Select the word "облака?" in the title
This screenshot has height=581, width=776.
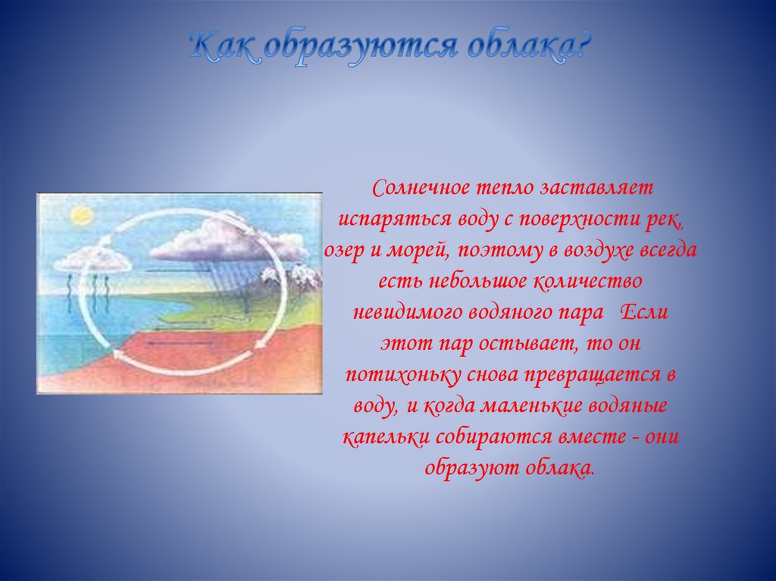pos(522,49)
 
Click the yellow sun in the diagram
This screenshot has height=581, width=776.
pos(80,217)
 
